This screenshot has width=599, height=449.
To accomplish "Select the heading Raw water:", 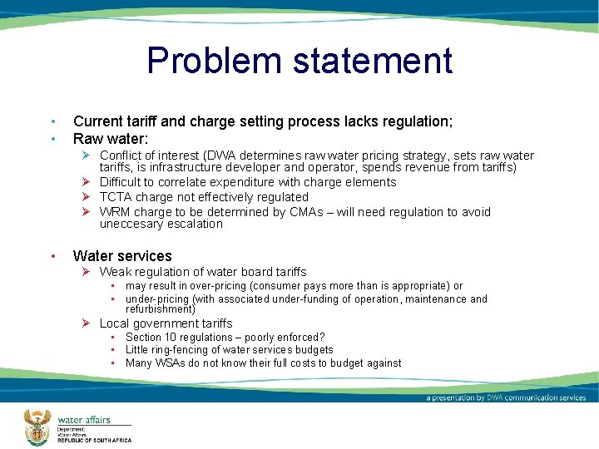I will point(111,139).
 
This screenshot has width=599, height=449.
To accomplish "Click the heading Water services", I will point(122,256).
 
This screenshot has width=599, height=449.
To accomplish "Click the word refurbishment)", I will point(161,308).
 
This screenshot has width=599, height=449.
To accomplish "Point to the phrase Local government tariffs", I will point(166,323).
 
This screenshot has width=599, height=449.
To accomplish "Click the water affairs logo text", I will point(83,419).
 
